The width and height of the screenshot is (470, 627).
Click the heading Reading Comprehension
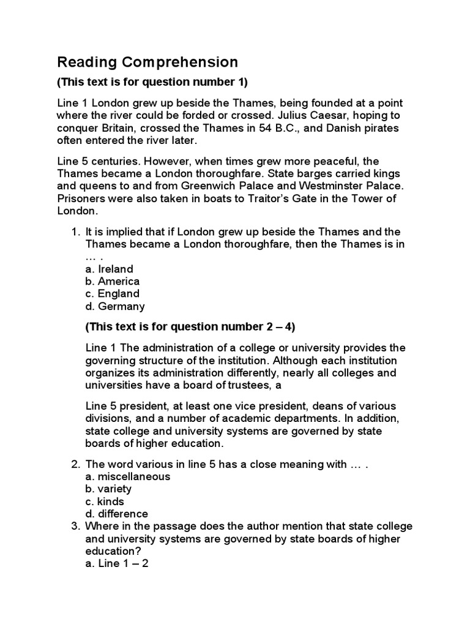coord(147,62)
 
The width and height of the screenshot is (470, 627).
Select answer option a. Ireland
coord(110,269)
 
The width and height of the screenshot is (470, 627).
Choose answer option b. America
coord(113,281)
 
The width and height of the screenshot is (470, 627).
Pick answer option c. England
coord(113,293)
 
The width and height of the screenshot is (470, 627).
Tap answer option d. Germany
coord(115,306)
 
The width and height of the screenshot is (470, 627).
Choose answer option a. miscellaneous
coord(128,476)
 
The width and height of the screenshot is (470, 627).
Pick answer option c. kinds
coord(105,501)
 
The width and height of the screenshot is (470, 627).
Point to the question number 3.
coord(75,526)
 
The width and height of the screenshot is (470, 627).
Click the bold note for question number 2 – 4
coord(190,326)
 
